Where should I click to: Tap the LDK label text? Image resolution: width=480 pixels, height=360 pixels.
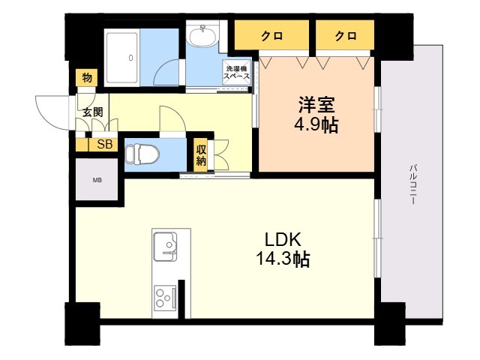click(x=282, y=241)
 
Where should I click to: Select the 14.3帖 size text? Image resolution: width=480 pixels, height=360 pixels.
click(x=282, y=259)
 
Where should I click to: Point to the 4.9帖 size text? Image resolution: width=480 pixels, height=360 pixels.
click(x=315, y=125)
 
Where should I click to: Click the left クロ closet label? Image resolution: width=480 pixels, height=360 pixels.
click(x=271, y=35)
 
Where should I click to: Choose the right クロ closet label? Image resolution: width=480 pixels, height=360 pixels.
click(x=345, y=35)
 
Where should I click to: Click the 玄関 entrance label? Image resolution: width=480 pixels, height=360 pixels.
click(x=92, y=113)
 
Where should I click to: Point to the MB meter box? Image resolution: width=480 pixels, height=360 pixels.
click(x=97, y=180)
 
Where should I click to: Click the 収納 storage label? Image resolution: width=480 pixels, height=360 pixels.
click(x=201, y=155)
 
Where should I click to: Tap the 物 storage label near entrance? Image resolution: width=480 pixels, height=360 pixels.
click(x=86, y=78)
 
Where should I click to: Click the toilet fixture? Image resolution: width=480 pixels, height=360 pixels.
click(x=143, y=154)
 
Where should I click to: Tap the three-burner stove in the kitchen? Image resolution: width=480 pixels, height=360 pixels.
click(x=163, y=298)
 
